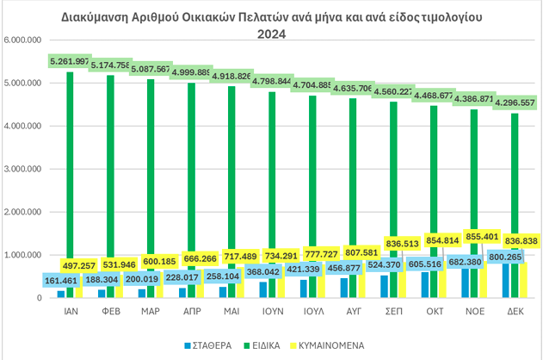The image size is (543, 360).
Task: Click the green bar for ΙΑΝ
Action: coord(70,172)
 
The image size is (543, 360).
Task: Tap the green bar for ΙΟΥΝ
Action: coord(272,189)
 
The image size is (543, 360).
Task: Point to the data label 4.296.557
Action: coord(515,102)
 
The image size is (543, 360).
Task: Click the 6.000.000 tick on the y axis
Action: coord(22,40)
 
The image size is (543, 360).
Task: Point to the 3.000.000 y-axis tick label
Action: coord(22,169)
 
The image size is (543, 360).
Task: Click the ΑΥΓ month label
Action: coord(353,316)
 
